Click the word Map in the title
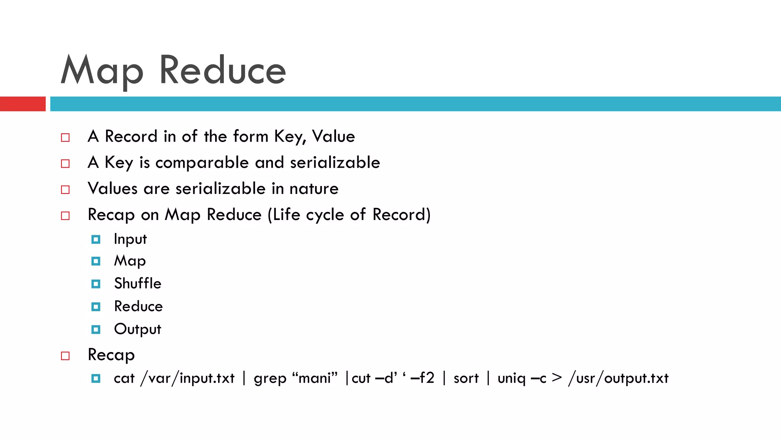click(x=102, y=71)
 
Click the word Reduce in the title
click(x=222, y=71)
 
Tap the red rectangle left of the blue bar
click(x=22, y=104)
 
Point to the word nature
click(x=314, y=189)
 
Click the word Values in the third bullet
click(x=112, y=189)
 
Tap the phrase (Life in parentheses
click(x=284, y=215)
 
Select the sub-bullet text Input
click(x=130, y=239)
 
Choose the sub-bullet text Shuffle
click(x=138, y=284)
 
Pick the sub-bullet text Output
click(x=138, y=329)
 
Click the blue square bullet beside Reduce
click(x=96, y=307)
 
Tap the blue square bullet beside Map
click(x=96, y=261)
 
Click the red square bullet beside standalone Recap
click(x=65, y=356)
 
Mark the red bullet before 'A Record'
click(x=65, y=137)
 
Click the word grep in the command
click(x=270, y=379)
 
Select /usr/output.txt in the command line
click(x=618, y=379)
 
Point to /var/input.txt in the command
click(x=187, y=379)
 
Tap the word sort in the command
click(x=466, y=379)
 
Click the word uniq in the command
click(x=511, y=379)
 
